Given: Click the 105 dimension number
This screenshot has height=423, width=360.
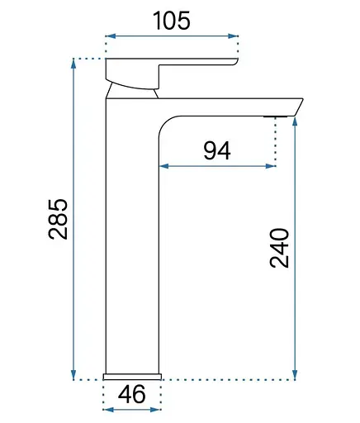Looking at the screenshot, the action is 172,21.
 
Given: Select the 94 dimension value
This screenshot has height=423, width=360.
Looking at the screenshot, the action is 217,150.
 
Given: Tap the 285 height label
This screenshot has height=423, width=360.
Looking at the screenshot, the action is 58,219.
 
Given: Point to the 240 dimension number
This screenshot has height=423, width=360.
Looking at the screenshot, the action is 279,247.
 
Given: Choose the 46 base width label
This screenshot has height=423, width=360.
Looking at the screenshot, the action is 131,394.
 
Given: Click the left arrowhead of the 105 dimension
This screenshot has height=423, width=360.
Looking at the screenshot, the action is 111,36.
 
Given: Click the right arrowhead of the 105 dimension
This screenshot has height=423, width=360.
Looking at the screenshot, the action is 233,36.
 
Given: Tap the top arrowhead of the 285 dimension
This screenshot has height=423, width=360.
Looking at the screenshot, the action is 73,64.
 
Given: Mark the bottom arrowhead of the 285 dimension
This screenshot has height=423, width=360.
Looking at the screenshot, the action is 73,375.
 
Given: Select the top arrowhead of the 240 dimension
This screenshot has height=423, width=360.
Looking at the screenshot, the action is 295,122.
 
